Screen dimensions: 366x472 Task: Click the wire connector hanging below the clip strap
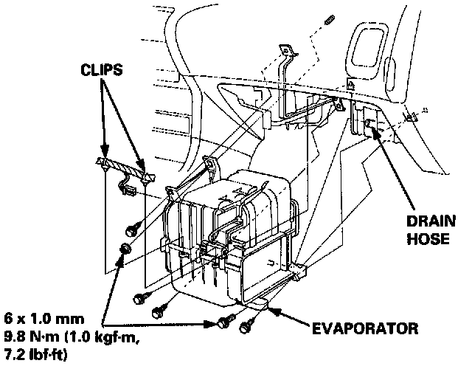(x=127, y=190)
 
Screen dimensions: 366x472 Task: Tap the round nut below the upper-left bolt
(x=126, y=248)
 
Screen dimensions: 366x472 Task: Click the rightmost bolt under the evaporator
(x=248, y=322)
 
